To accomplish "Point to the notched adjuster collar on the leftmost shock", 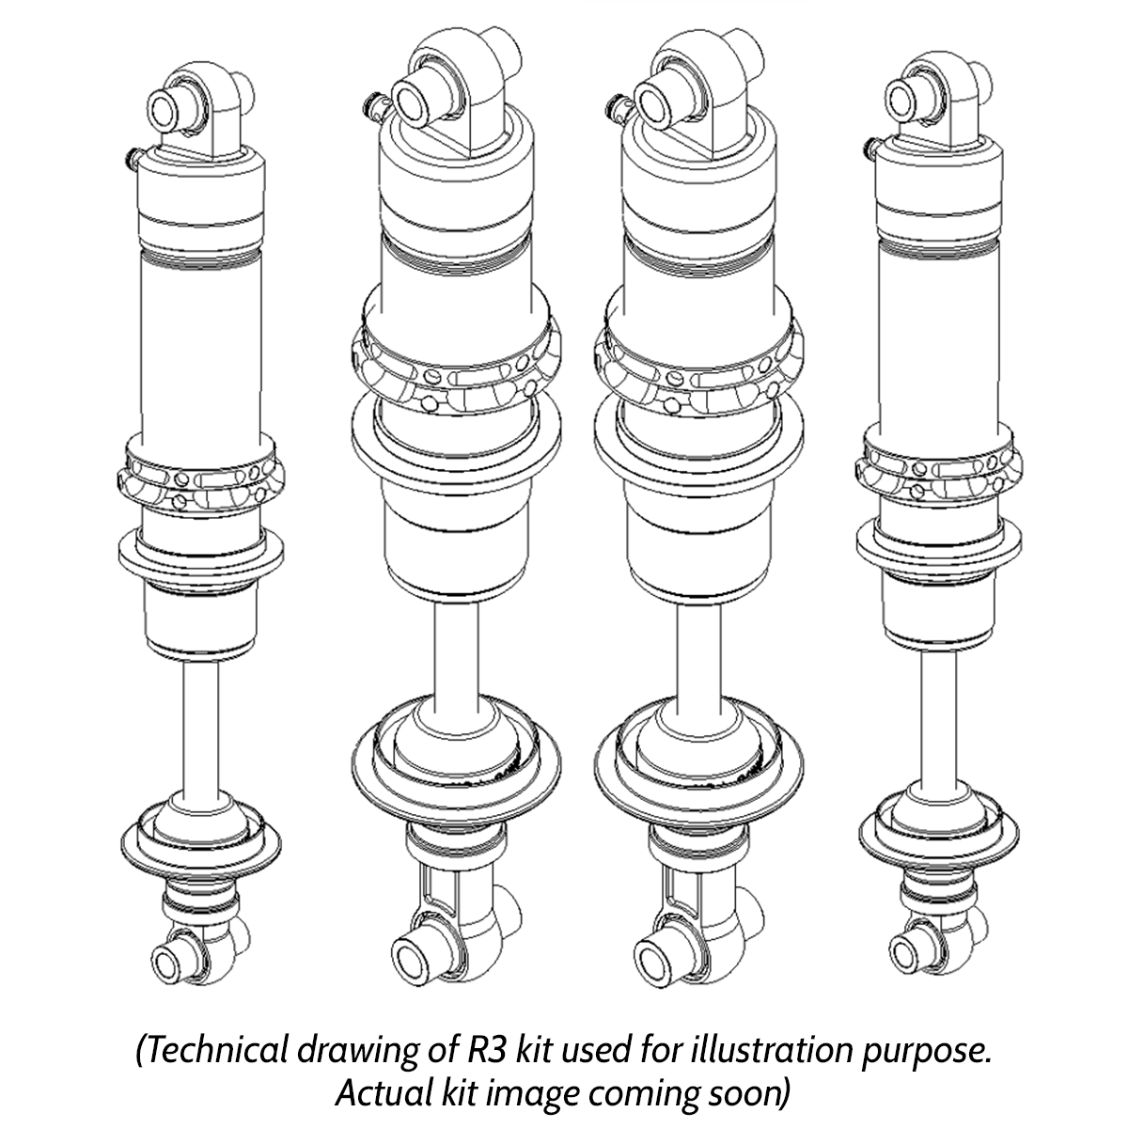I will [199, 480].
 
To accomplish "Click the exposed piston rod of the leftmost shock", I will [201, 724].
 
